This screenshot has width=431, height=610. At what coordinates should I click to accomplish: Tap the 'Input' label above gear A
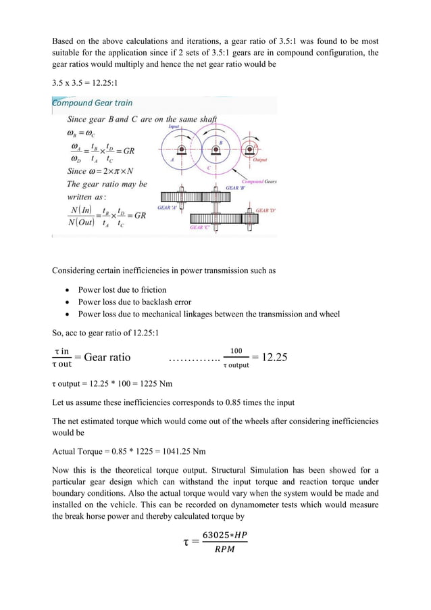click(x=174, y=126)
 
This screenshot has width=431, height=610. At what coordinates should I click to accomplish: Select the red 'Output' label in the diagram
click(x=261, y=160)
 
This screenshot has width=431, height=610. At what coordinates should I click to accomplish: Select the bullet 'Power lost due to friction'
click(x=123, y=289)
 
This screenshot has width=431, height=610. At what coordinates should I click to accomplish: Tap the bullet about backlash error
click(x=134, y=302)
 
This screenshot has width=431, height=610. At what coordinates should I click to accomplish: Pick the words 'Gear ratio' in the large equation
click(x=102, y=357)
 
